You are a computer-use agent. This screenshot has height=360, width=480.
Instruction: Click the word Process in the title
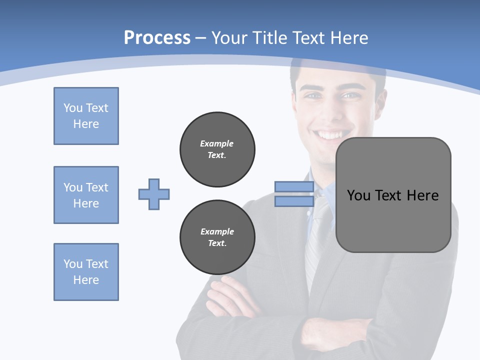[x=157, y=38]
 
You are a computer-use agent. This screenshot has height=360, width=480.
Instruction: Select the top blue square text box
[x=86, y=116]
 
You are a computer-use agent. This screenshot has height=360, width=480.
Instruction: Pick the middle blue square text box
[x=86, y=195]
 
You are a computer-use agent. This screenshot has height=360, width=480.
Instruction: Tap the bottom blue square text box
[x=86, y=272]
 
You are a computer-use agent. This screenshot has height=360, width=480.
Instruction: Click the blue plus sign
[x=154, y=194]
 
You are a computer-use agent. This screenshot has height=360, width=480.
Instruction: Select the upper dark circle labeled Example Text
[x=217, y=149]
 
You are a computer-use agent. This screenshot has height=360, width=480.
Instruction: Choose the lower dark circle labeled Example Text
[x=217, y=237]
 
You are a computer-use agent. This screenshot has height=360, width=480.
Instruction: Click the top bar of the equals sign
[x=294, y=186]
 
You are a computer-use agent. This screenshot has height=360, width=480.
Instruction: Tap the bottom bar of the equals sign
[x=294, y=201]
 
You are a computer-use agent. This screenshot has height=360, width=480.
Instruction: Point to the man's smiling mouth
[x=332, y=135]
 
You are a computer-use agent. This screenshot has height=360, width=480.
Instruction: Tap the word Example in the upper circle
[x=217, y=143]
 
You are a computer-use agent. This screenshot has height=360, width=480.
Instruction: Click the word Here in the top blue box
[x=86, y=124]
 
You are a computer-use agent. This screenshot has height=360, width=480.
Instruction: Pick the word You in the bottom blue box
[x=72, y=264]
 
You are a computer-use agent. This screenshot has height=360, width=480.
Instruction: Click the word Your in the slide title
[x=229, y=38]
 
